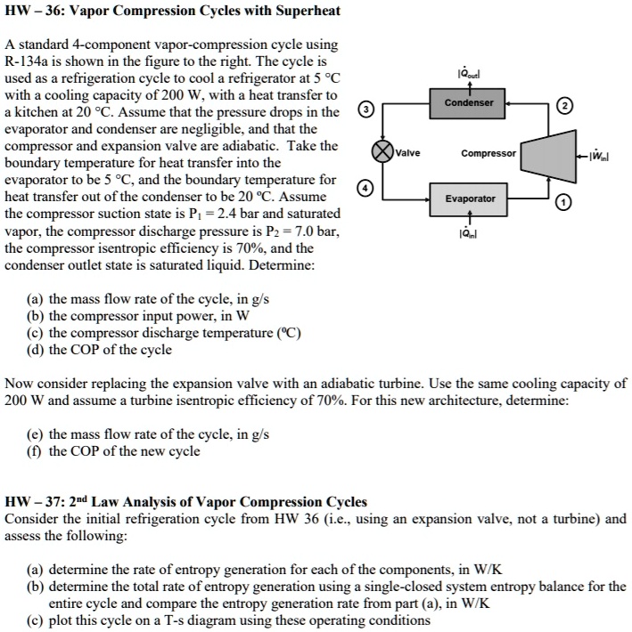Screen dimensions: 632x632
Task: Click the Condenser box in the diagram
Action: click(470, 102)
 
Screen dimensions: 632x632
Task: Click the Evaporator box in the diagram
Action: click(470, 199)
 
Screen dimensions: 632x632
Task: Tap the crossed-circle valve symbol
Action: click(382, 151)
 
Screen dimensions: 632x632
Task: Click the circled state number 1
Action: click(563, 204)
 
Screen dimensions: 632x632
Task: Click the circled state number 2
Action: click(563, 108)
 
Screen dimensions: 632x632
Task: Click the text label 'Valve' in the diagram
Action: click(409, 153)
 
